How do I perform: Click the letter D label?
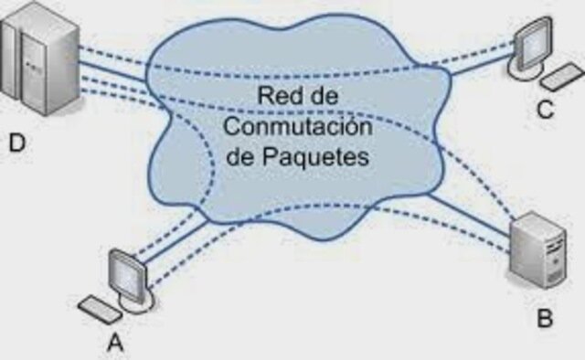[x=16, y=143]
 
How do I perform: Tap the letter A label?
[x=116, y=342]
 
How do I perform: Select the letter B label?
[x=546, y=320]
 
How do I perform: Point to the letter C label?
[x=545, y=111]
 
